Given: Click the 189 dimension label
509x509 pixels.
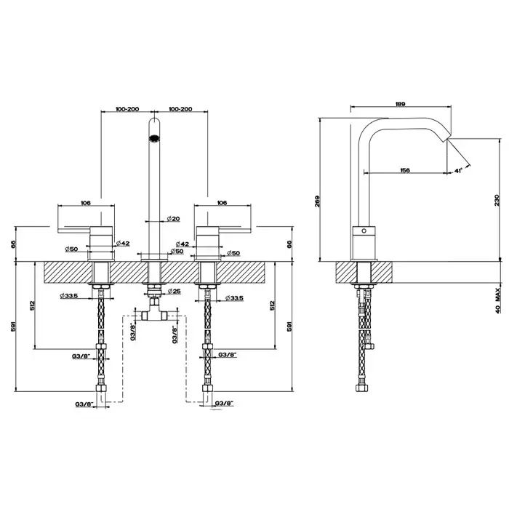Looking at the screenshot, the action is (400, 104).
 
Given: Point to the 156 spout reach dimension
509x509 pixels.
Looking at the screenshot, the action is (405, 170).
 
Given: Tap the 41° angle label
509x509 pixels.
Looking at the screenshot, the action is (458, 171).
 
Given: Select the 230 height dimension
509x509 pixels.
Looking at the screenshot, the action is (497, 200).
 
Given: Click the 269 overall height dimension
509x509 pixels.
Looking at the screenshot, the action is (318, 201).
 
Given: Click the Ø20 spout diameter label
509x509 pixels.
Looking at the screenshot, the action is (173, 219).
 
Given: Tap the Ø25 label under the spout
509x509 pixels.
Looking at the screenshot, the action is (175, 291).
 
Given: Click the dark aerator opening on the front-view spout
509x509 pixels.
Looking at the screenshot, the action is (154, 138).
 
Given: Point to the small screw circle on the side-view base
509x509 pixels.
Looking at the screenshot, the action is (364, 231).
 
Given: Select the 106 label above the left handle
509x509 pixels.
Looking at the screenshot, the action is (86, 203).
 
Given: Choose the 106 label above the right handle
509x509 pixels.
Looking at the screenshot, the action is (222, 203).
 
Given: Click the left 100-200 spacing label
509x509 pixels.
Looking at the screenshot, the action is (127, 109).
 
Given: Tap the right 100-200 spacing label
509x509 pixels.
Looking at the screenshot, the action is (180, 109).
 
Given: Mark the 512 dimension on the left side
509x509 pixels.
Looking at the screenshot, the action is (32, 305).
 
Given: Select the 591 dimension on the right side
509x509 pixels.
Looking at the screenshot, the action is (289, 326).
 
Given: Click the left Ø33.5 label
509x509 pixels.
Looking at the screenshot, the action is (69, 296).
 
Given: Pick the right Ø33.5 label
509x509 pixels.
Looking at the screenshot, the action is (234, 298).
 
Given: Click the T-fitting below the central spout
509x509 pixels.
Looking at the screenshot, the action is (154, 312).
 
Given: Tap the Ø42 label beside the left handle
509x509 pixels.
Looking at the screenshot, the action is (123, 243).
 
